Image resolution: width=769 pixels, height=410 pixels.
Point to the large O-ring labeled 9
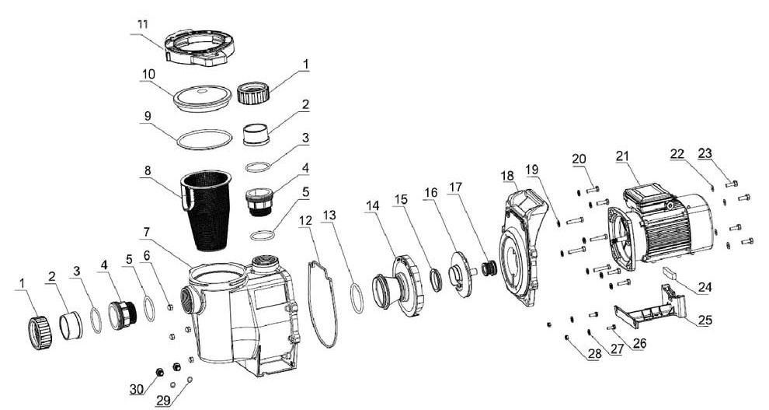point(204,139)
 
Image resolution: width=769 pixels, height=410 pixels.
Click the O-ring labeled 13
point(357,298)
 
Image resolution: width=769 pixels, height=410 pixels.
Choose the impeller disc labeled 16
point(462,273)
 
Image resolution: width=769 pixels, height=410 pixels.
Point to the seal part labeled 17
point(489,269)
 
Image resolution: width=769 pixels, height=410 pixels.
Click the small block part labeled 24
point(670,274)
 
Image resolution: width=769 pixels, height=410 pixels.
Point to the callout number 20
point(579,159)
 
